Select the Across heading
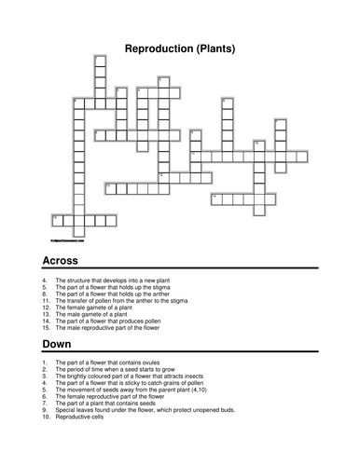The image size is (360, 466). tap(60, 260)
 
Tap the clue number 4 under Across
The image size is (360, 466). tap(44, 280)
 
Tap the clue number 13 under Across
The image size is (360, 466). tap(45, 317)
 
